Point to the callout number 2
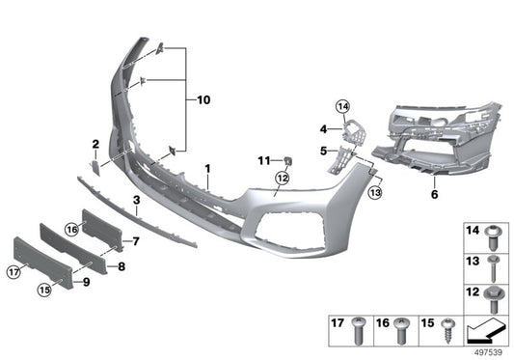pos(95,145)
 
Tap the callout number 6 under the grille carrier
pos(434,194)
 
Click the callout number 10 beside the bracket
pos(203,99)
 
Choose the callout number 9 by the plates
pos(88,283)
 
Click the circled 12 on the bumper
pos(282,178)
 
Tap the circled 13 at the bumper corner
pos(375,193)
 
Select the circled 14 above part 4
pos(342,107)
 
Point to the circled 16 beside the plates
pos(71,229)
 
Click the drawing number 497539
pos(487,352)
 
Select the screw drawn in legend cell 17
pos(360,329)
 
